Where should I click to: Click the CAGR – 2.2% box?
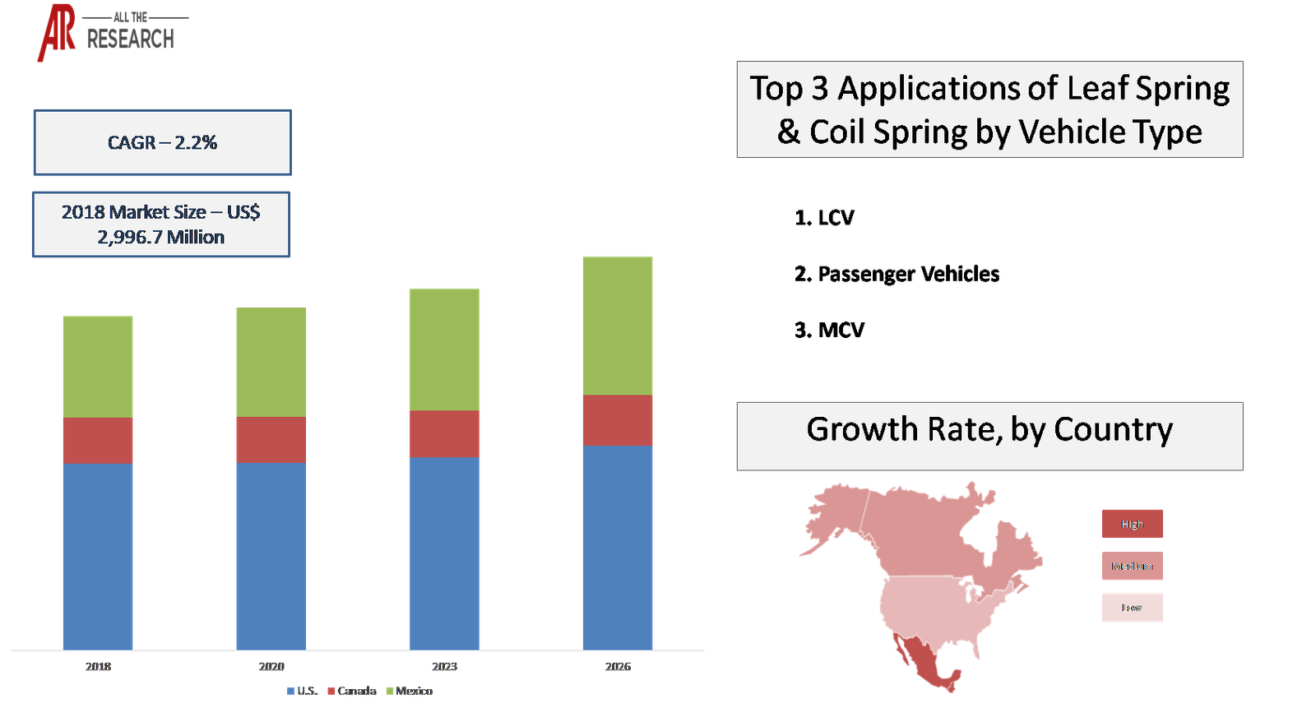(x=162, y=142)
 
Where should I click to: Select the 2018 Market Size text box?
(x=161, y=224)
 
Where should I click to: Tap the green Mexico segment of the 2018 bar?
(x=98, y=366)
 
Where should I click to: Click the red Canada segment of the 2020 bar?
(x=271, y=440)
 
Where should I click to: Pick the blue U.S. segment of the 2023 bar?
(x=444, y=553)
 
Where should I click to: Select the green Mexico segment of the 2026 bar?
(x=618, y=326)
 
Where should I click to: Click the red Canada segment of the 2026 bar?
(x=618, y=420)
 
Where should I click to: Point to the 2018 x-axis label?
(x=98, y=667)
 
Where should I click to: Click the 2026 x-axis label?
(x=618, y=667)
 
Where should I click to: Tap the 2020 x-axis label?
(x=271, y=667)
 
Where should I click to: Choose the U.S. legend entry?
(x=302, y=691)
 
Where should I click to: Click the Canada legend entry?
(x=351, y=691)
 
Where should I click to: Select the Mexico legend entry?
(x=409, y=691)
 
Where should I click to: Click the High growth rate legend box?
(x=1132, y=524)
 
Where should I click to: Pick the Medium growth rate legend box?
(x=1132, y=566)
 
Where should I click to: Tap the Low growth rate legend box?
(x=1132, y=608)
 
